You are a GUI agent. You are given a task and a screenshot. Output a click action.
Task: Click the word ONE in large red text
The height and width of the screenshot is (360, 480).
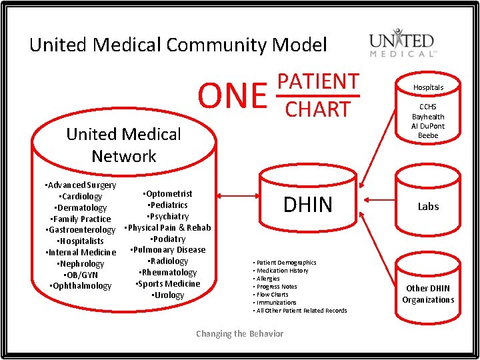click(x=233, y=95)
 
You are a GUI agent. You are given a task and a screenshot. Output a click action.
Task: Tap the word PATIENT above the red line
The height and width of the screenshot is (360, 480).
click(x=318, y=81)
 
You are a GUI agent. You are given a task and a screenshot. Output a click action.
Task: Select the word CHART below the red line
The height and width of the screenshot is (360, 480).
click(x=318, y=109)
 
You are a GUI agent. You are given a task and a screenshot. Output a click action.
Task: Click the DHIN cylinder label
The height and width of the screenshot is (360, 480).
click(x=307, y=205)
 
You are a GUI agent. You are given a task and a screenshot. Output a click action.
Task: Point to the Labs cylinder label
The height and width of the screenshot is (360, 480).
click(x=428, y=207)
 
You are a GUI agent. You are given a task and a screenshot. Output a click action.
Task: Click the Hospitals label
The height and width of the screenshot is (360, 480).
click(x=428, y=87)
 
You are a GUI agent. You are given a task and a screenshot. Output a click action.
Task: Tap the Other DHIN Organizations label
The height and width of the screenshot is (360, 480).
click(x=428, y=294)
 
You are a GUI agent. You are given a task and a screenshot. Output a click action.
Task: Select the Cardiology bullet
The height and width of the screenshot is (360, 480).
click(x=81, y=197)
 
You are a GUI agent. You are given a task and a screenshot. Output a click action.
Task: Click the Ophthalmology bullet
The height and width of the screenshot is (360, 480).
click(x=81, y=286)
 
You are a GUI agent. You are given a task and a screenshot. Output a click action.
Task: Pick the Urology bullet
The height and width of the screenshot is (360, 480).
click(x=168, y=295)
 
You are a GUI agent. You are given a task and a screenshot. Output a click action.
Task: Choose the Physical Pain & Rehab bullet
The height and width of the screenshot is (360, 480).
click(x=168, y=228)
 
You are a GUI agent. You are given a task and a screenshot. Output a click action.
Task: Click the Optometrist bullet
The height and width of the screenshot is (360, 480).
click(x=168, y=194)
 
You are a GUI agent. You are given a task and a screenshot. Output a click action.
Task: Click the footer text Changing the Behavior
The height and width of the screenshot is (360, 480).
click(x=239, y=334)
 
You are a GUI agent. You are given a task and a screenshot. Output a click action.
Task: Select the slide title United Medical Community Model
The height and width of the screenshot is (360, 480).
click(x=178, y=45)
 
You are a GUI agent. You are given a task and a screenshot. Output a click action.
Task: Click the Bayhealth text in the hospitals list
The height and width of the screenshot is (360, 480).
click(x=428, y=117)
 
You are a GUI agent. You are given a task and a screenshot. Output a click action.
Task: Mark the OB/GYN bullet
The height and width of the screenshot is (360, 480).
click(x=81, y=275)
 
